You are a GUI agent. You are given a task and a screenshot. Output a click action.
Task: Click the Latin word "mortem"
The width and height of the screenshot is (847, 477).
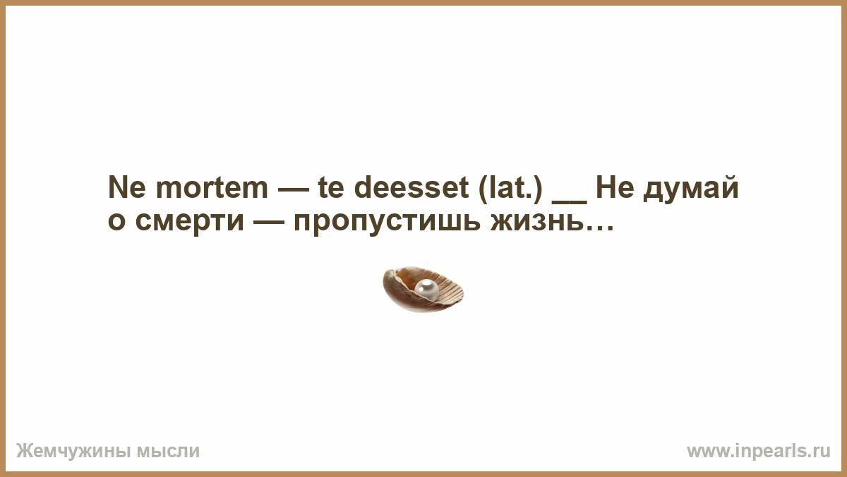[x=212, y=188]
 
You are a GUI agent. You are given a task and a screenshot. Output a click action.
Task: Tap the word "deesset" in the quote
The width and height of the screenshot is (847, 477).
[x=412, y=187]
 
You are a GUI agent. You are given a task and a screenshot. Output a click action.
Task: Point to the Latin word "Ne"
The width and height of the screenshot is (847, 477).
[x=126, y=187]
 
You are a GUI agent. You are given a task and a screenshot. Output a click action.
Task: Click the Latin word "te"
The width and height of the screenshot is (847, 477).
[x=331, y=188]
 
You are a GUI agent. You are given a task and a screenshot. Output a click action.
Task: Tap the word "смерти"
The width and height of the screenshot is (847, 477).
[x=190, y=221]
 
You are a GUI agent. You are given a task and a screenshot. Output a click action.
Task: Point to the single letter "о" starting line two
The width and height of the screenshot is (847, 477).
[x=116, y=221]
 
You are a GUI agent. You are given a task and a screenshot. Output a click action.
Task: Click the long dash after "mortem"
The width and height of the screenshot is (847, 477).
[x=293, y=189]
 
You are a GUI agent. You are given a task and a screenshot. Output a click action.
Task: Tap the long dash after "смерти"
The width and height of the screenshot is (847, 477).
[x=269, y=222]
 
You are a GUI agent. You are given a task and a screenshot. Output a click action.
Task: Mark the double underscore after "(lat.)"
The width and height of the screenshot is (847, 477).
[x=570, y=202]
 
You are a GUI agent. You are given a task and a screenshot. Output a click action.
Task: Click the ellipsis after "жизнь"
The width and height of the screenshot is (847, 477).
[x=599, y=228]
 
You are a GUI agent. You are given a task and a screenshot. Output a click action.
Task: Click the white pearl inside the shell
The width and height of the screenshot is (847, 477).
[x=426, y=289]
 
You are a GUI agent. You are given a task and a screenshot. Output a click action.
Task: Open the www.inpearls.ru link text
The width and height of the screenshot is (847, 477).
[x=759, y=452]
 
